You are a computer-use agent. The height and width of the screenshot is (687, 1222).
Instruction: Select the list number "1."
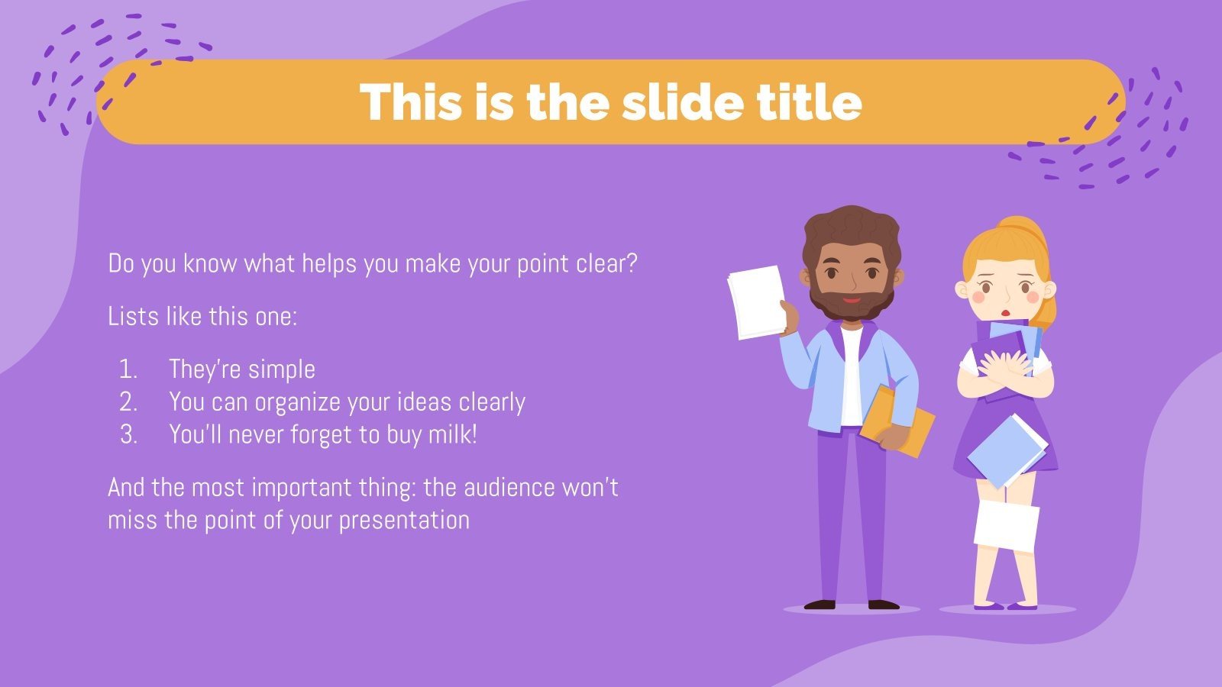click(128, 369)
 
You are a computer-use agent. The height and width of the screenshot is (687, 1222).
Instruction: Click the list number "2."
click(128, 402)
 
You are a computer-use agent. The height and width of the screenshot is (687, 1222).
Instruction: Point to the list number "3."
click(128, 435)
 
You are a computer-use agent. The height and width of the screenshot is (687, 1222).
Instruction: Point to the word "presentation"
click(404, 521)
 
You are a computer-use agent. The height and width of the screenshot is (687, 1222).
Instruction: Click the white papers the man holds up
click(756, 302)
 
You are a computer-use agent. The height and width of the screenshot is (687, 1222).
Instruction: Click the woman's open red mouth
click(1007, 313)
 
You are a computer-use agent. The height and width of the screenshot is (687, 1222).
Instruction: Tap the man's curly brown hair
click(850, 229)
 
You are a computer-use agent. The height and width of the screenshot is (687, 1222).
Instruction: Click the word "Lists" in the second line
click(133, 316)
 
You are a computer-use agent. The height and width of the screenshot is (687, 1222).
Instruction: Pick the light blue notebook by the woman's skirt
click(1007, 450)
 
